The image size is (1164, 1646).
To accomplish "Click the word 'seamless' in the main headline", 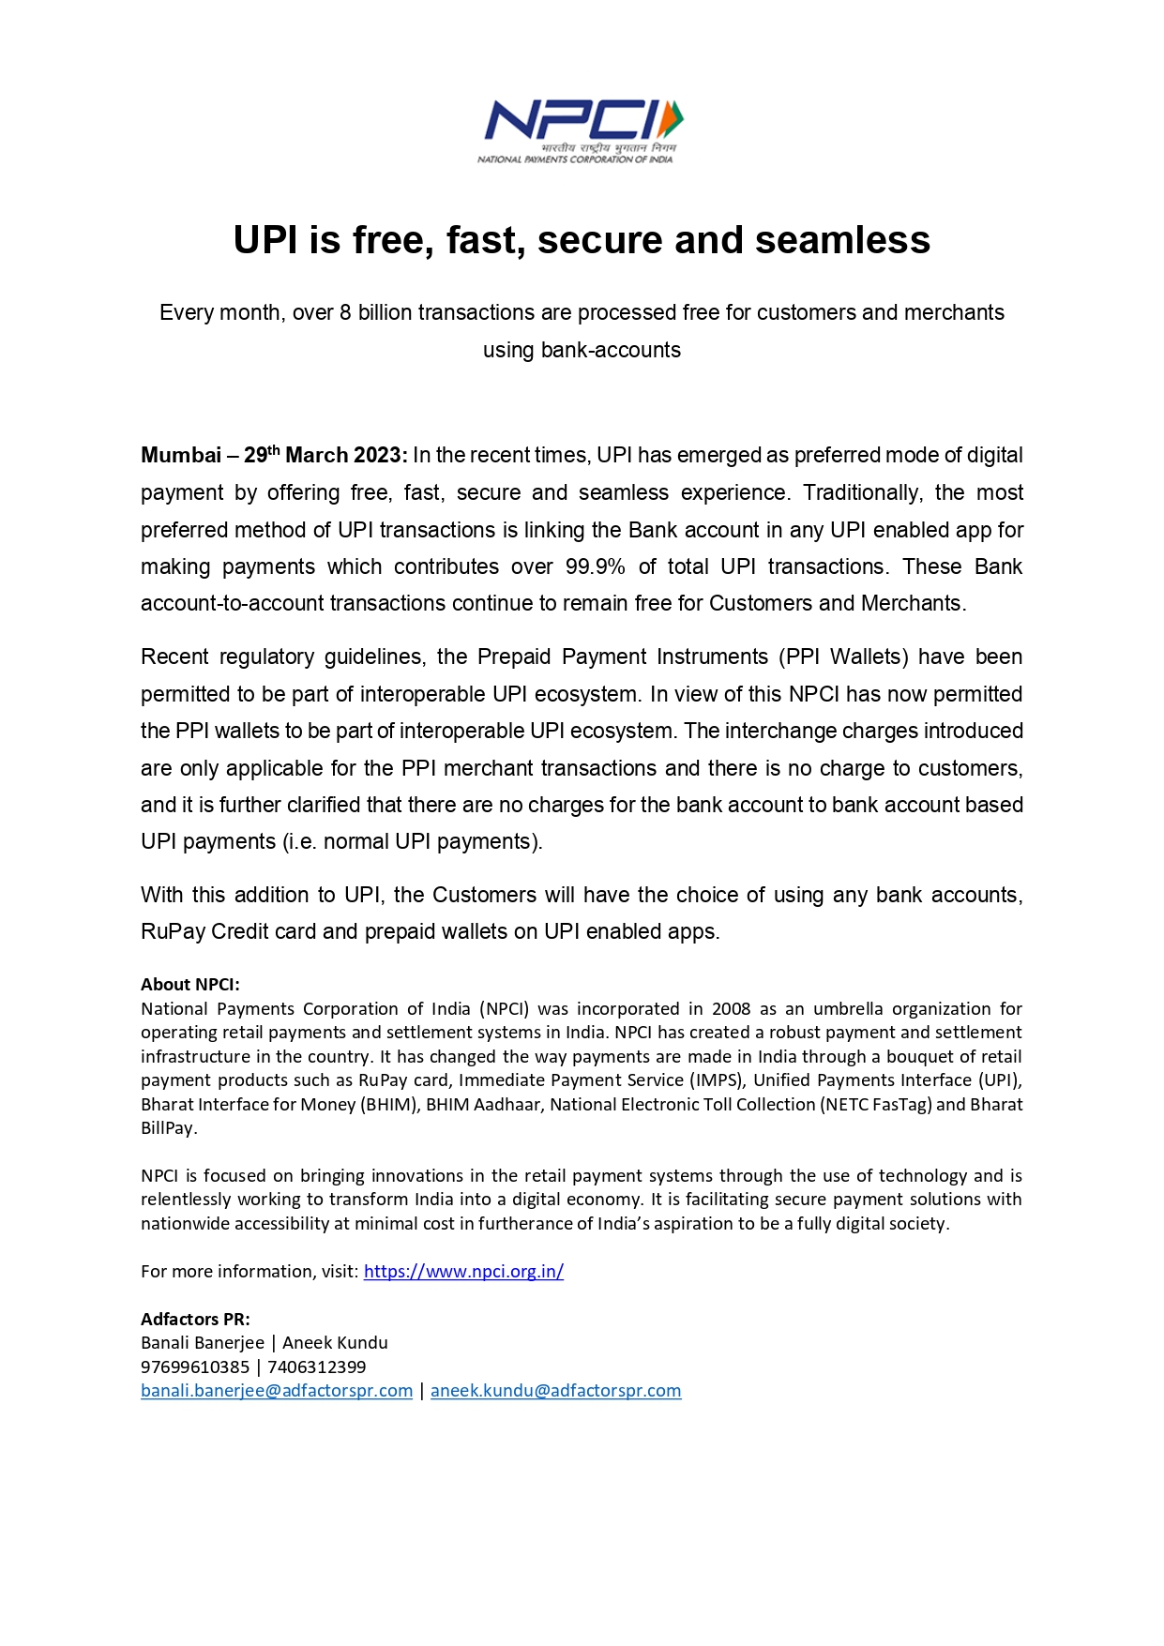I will point(842,240).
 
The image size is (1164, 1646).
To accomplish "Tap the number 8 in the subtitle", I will point(345,312).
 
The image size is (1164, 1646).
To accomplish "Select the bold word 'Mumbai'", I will point(181,456).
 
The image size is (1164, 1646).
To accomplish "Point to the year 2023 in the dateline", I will point(378,456).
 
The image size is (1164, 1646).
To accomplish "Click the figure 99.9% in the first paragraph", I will point(595,566).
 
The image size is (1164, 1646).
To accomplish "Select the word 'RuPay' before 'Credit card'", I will point(173,931).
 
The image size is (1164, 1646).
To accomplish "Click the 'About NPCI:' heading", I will point(190,984).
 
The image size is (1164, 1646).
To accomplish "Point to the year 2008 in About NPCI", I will point(731,1008).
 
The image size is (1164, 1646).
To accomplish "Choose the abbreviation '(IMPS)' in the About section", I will point(716,1080).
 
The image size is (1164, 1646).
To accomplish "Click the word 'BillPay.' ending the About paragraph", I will point(169,1128).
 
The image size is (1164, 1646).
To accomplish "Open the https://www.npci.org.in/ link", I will point(463,1272).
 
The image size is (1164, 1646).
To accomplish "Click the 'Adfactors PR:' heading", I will point(195,1319).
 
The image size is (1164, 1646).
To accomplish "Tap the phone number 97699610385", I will point(195,1367).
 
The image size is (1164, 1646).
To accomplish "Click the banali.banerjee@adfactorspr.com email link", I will point(277,1391).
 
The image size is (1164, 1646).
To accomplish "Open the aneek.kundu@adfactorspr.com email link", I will point(555,1391).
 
